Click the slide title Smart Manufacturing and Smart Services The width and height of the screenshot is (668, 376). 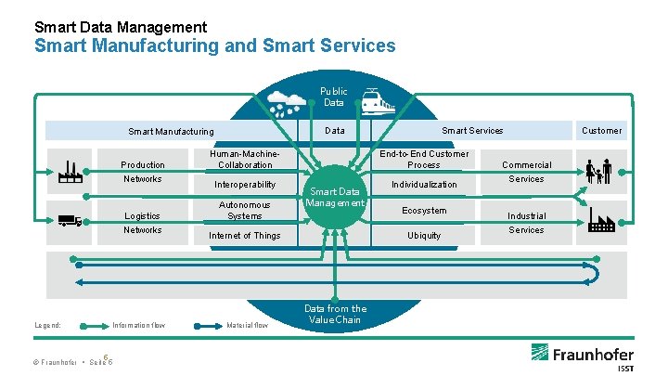[x=214, y=45]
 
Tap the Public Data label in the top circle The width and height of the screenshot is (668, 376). [x=333, y=97]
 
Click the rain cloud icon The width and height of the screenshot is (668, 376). [x=289, y=100]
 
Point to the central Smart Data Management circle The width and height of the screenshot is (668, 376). [x=336, y=197]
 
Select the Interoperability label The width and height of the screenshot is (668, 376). [x=242, y=184]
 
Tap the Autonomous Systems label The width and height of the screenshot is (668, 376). [x=244, y=210]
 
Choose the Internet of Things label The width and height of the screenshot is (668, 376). [x=244, y=236]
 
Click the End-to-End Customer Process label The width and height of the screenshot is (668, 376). [x=424, y=159]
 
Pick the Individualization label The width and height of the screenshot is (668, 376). [x=424, y=184]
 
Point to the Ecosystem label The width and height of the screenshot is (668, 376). [x=424, y=211]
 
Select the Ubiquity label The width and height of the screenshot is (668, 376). [x=424, y=236]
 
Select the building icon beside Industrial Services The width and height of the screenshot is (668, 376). [x=601, y=221]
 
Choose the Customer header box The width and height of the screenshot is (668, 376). [x=601, y=130]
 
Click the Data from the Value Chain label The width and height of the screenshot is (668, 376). [x=335, y=314]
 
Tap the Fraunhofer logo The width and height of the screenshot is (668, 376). [x=584, y=356]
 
